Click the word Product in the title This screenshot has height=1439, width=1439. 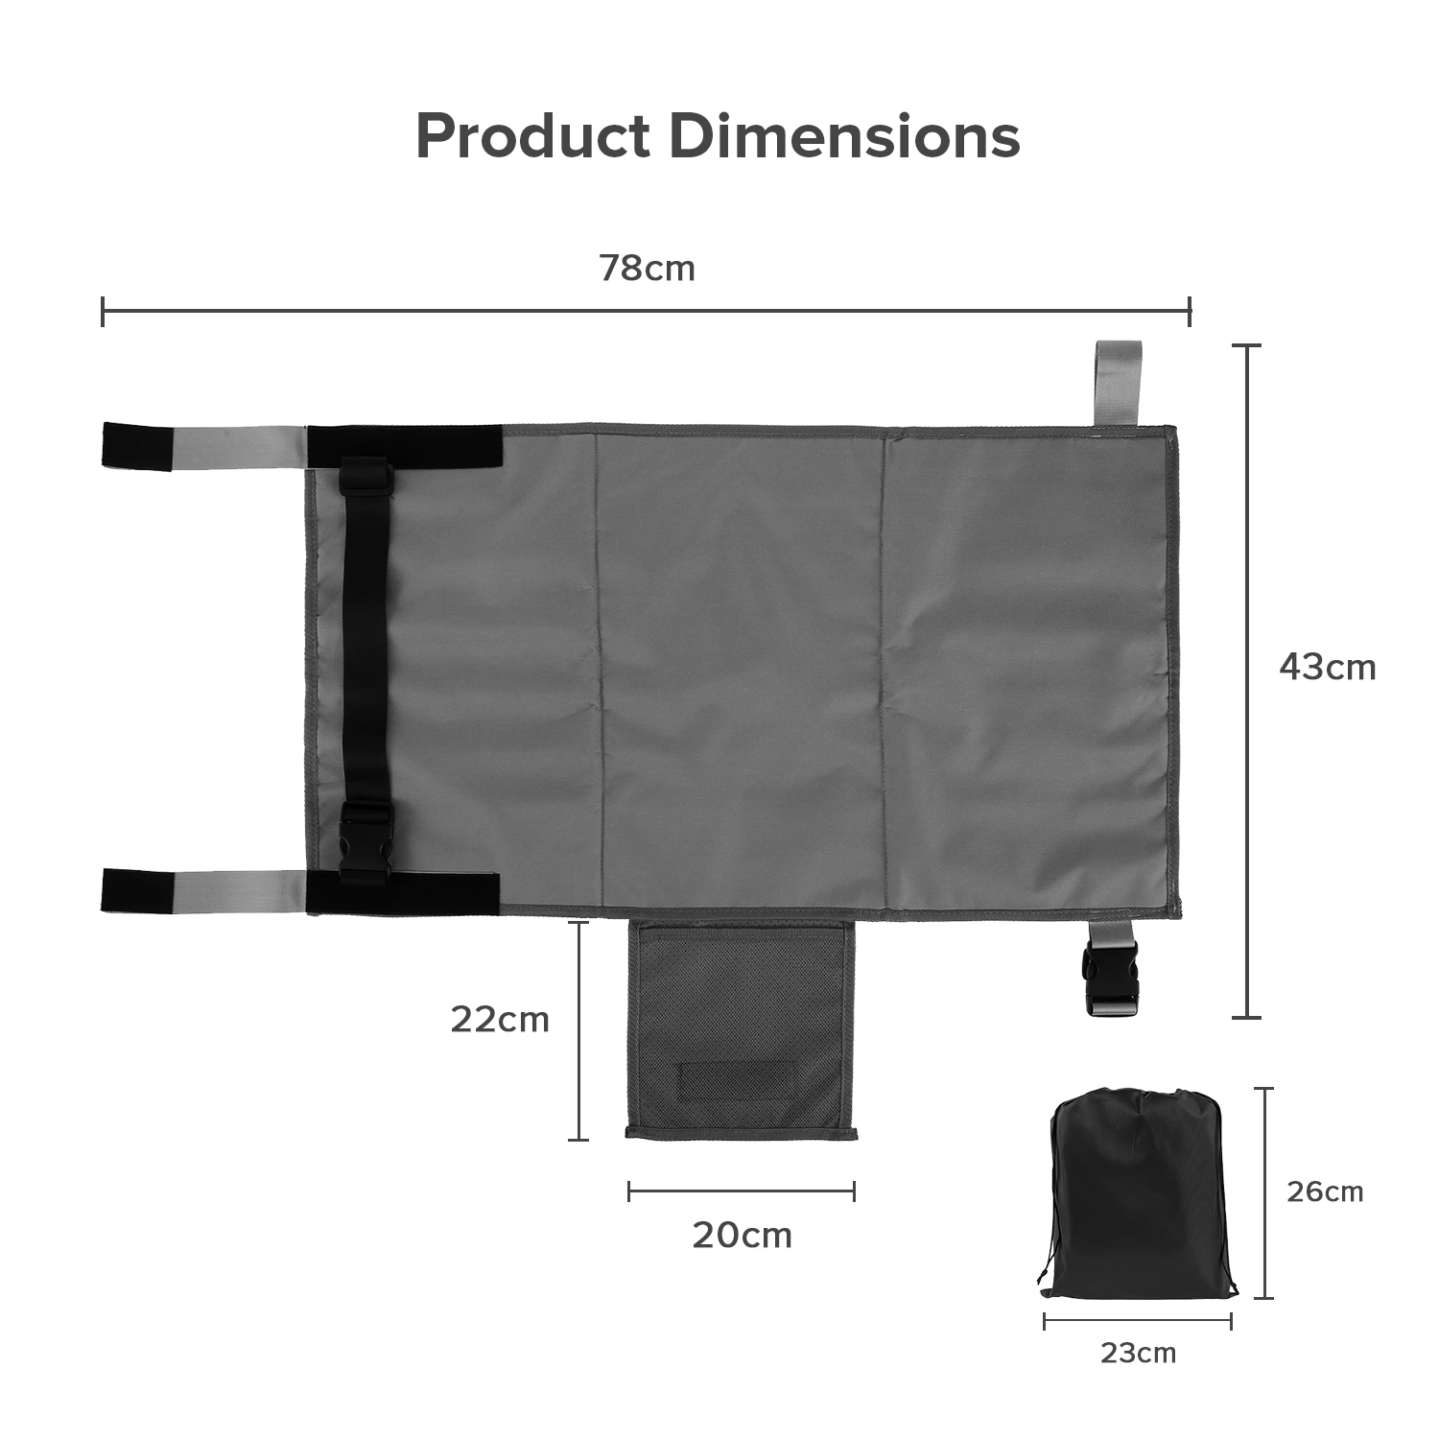pyautogui.click(x=532, y=135)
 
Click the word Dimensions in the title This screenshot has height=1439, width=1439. pyautogui.click(x=844, y=135)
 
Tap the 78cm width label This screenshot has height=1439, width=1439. pyautogui.click(x=648, y=269)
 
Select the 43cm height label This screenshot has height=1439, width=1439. pyautogui.click(x=1328, y=667)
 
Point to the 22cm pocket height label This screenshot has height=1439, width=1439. pyautogui.click(x=500, y=1020)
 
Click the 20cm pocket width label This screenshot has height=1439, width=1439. pyautogui.click(x=743, y=1236)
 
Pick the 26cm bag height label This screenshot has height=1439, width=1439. pyautogui.click(x=1325, y=1191)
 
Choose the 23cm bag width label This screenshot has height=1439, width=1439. pyautogui.click(x=1138, y=1354)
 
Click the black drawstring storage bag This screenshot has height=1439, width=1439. pyautogui.click(x=1138, y=1193)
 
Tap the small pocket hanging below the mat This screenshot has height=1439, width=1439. pyautogui.click(x=741, y=1029)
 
